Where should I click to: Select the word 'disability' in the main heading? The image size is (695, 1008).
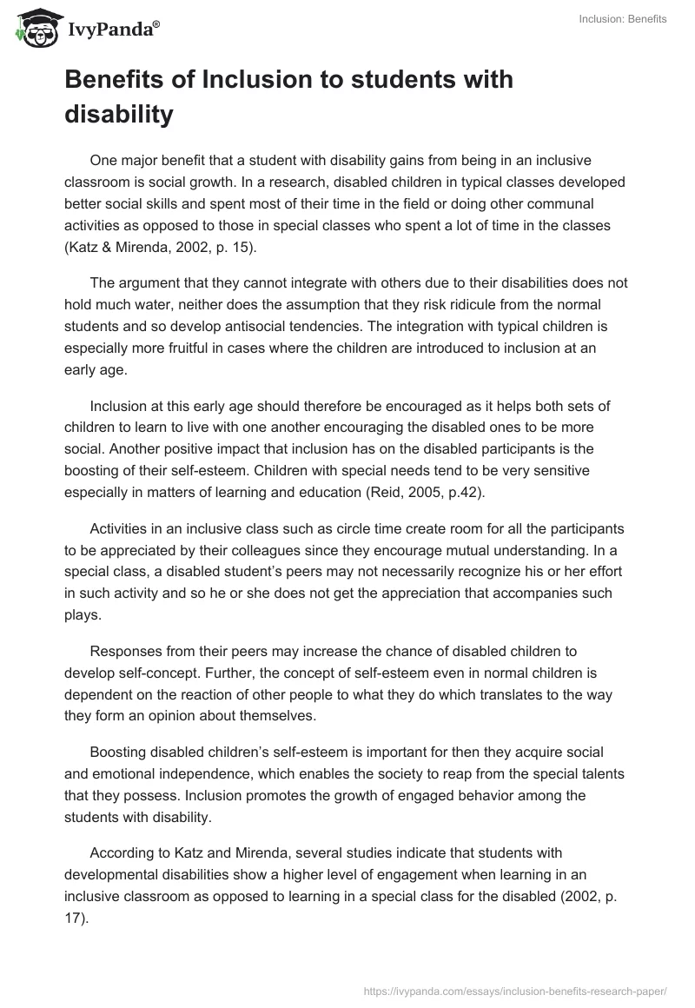(119, 114)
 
